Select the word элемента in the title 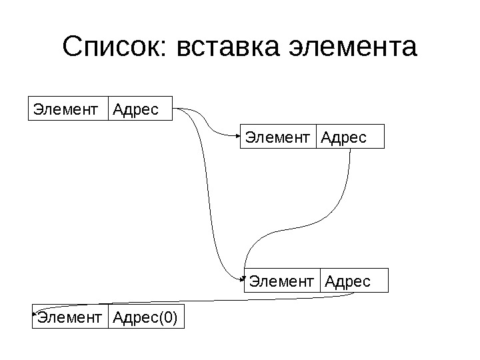(x=353, y=47)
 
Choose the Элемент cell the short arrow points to (x=278, y=136)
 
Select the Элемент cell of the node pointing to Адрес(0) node (x=282, y=281)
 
